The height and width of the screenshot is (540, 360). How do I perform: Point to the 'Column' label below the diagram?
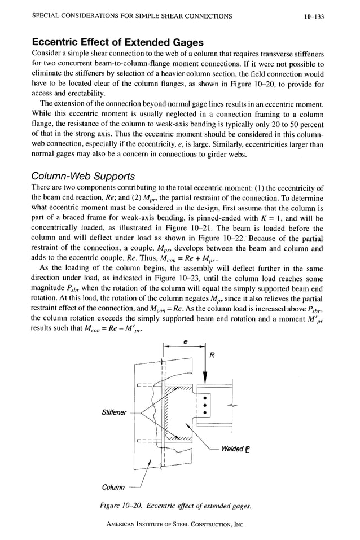pos(113,487)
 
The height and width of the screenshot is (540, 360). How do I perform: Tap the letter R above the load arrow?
pos(212,356)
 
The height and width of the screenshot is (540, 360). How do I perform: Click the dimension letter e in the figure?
pos(186,341)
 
